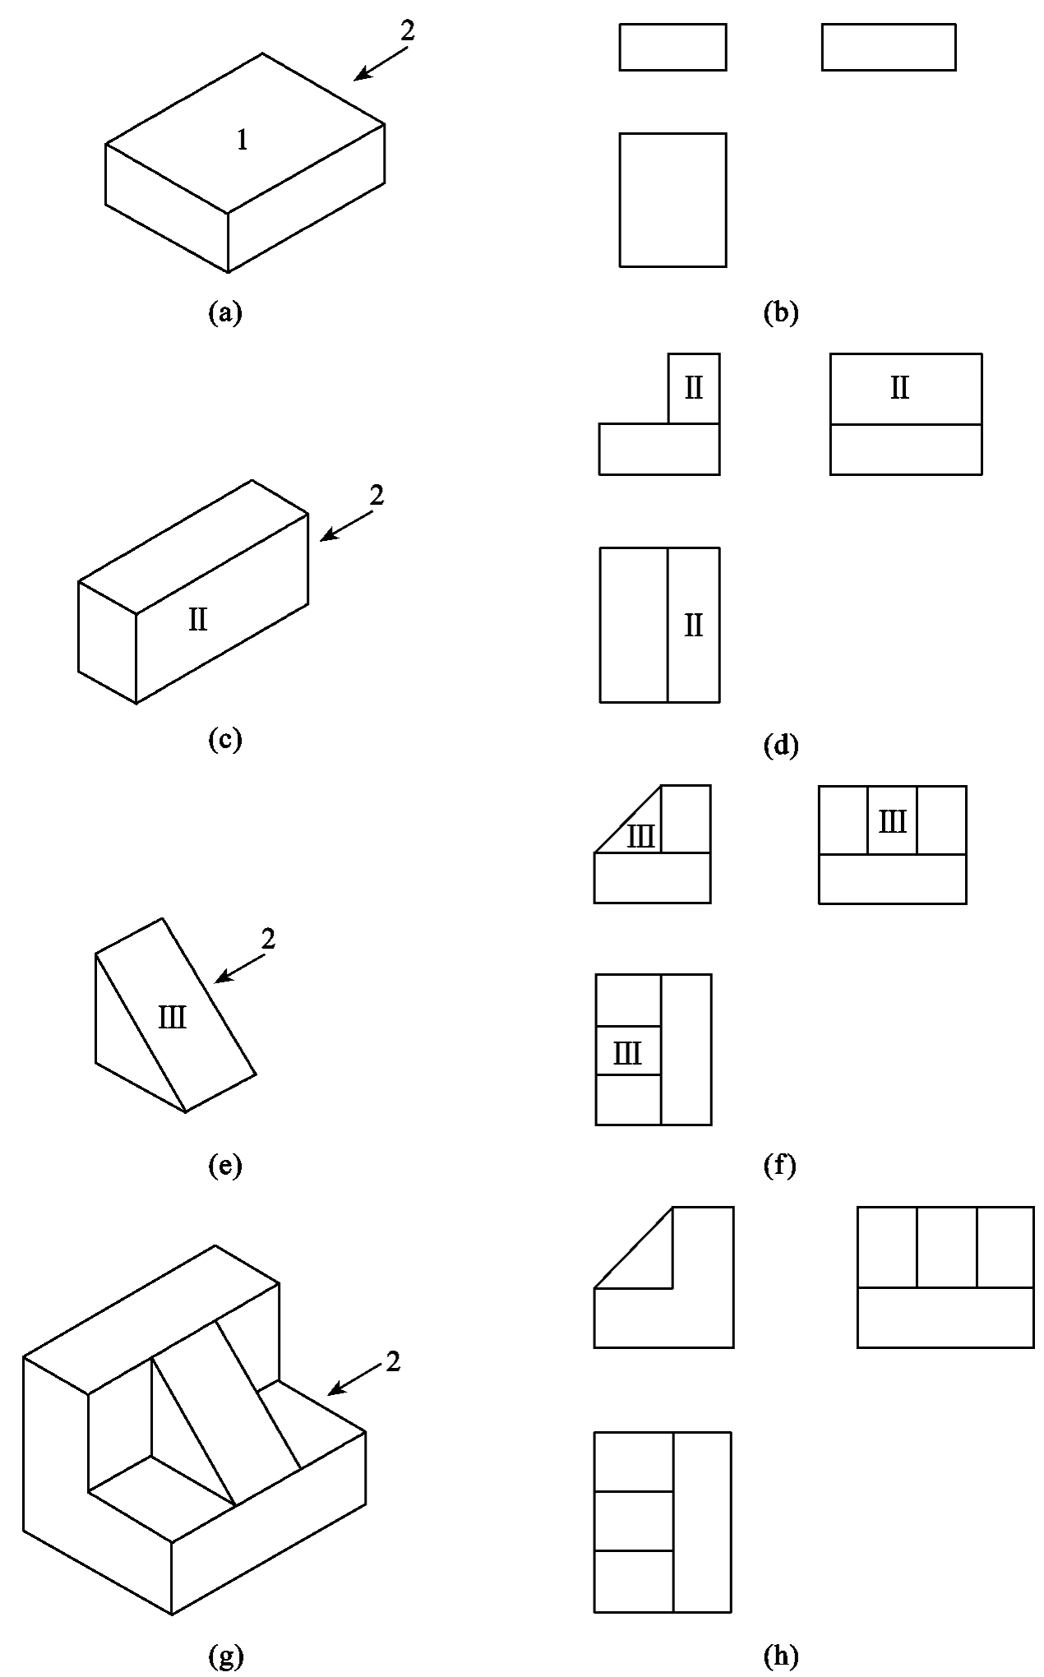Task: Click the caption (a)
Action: pos(225,312)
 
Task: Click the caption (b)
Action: pos(780,312)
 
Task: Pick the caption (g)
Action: pos(225,1656)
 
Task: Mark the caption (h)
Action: pos(780,1656)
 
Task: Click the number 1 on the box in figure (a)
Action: pos(242,141)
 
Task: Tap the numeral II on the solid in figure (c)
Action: pos(198,619)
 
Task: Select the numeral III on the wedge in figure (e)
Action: pos(173,1019)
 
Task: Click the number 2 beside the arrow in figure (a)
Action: pos(407,31)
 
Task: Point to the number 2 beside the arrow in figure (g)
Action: pos(393,1362)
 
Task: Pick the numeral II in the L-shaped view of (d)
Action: pos(694,388)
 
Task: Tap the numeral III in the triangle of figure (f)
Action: pos(641,837)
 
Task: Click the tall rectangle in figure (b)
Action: pos(672,200)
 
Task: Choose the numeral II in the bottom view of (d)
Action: pos(694,626)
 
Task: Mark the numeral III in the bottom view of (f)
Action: pos(628,1053)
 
